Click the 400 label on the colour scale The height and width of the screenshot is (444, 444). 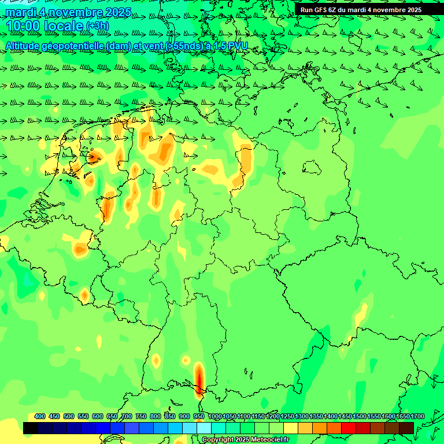click(40, 416)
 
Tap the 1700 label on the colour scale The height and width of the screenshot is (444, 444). click(417, 416)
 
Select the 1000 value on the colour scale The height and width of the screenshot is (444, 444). click(215, 416)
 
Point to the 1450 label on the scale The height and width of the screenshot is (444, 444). click(345, 416)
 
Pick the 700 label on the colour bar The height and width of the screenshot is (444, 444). click(127, 416)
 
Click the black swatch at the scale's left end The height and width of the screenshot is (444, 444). click(31, 428)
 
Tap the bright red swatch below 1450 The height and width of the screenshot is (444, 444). click(349, 428)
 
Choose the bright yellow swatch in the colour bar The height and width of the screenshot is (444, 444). click(291, 428)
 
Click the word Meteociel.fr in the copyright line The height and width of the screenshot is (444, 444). click(269, 440)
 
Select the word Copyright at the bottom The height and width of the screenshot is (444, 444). click(218, 440)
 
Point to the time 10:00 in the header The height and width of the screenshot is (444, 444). click(23, 26)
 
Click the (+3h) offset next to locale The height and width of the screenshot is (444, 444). click(97, 26)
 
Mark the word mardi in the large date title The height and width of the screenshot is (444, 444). click(21, 12)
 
